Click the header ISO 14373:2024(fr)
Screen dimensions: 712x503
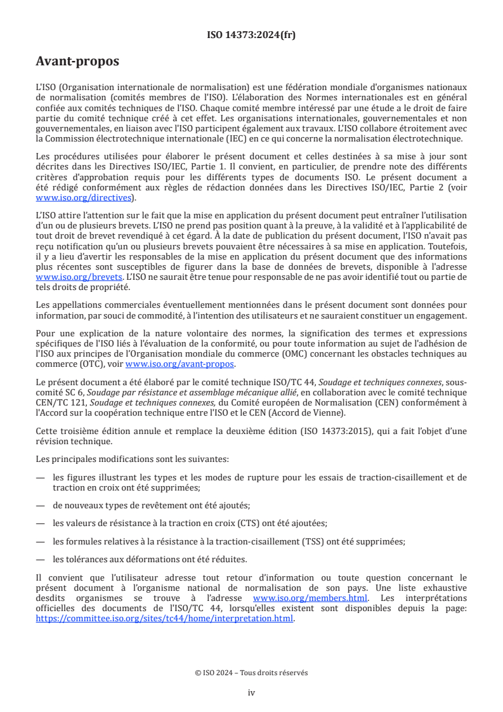click(x=251, y=35)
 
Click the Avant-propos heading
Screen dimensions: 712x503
click(x=77, y=62)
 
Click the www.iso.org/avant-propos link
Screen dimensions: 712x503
click(x=180, y=364)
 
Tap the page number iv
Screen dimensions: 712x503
click(x=251, y=692)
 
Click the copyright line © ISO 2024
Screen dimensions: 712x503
click(x=251, y=673)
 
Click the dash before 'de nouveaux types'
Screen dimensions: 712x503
click(x=41, y=505)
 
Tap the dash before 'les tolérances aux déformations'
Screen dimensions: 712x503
click(x=41, y=559)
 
